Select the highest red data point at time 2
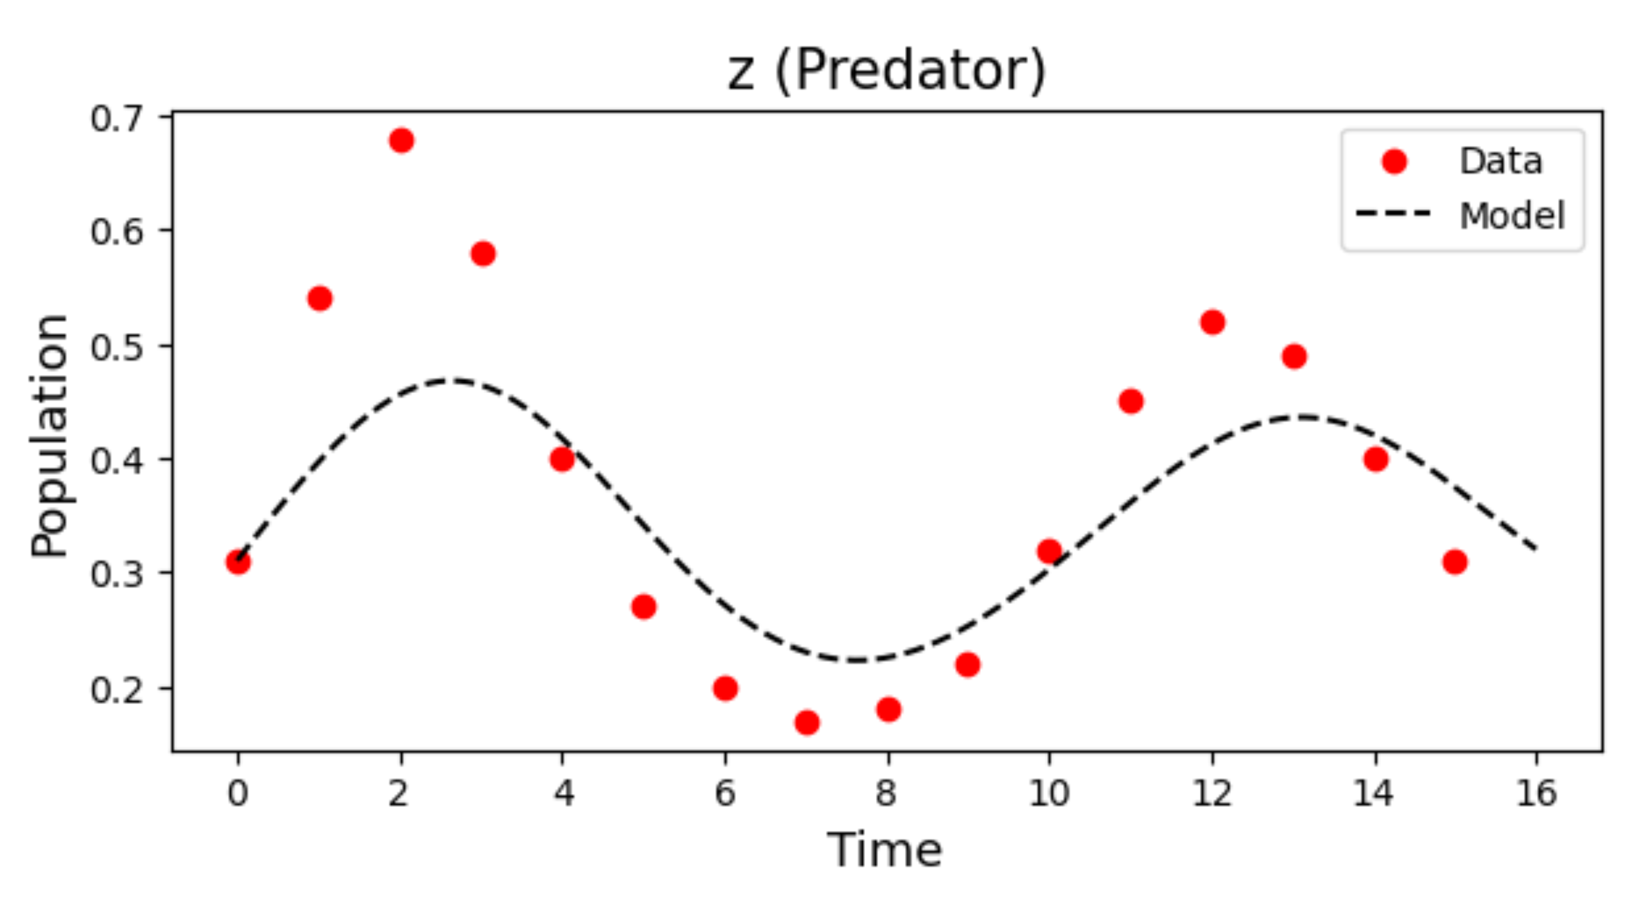(401, 140)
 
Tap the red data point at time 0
(238, 561)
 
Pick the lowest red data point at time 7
(807, 722)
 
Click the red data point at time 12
(1212, 323)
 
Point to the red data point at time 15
(1455, 561)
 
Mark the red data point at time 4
(562, 459)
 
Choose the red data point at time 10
(1049, 551)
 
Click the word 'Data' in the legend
(1501, 162)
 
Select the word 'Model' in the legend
(1512, 216)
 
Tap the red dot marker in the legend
(1394, 162)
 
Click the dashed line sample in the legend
(1393, 214)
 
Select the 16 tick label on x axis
(1536, 793)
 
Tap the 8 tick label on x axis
(887, 793)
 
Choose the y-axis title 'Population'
(49, 435)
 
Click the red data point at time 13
(1294, 356)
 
